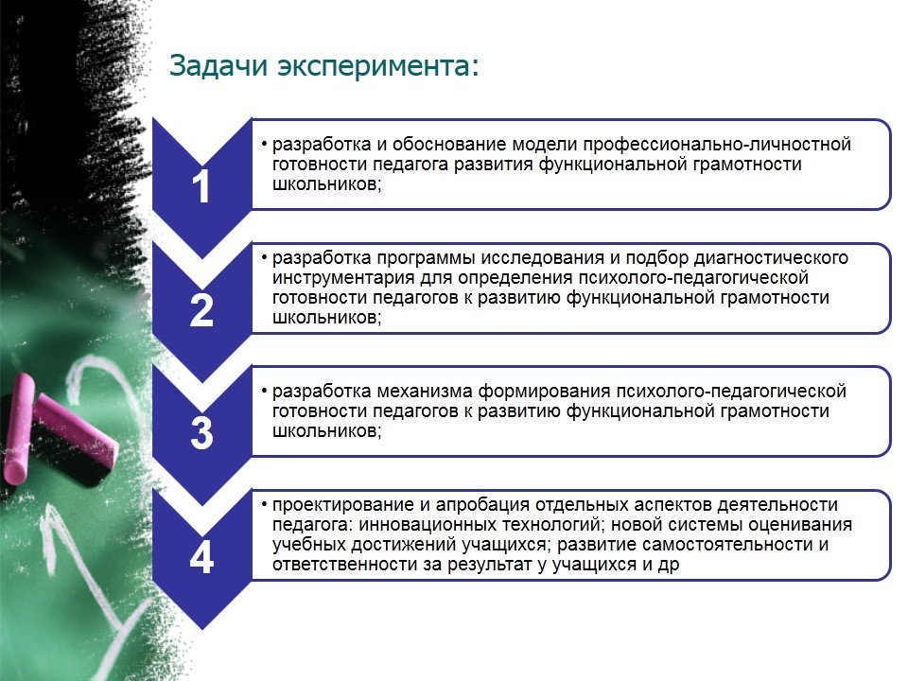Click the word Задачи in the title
point(218,66)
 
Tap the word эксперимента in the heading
point(378,66)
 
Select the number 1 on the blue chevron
point(201,186)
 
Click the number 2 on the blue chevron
point(201,311)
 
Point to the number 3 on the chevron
point(201,433)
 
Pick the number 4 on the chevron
point(201,557)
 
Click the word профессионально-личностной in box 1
point(717,145)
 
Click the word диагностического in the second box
point(771,257)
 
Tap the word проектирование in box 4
point(342,505)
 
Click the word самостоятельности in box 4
point(727,545)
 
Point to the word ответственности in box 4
point(345,565)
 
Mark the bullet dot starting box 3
point(264,392)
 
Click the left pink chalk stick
point(18,429)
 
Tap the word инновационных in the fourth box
point(425,525)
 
